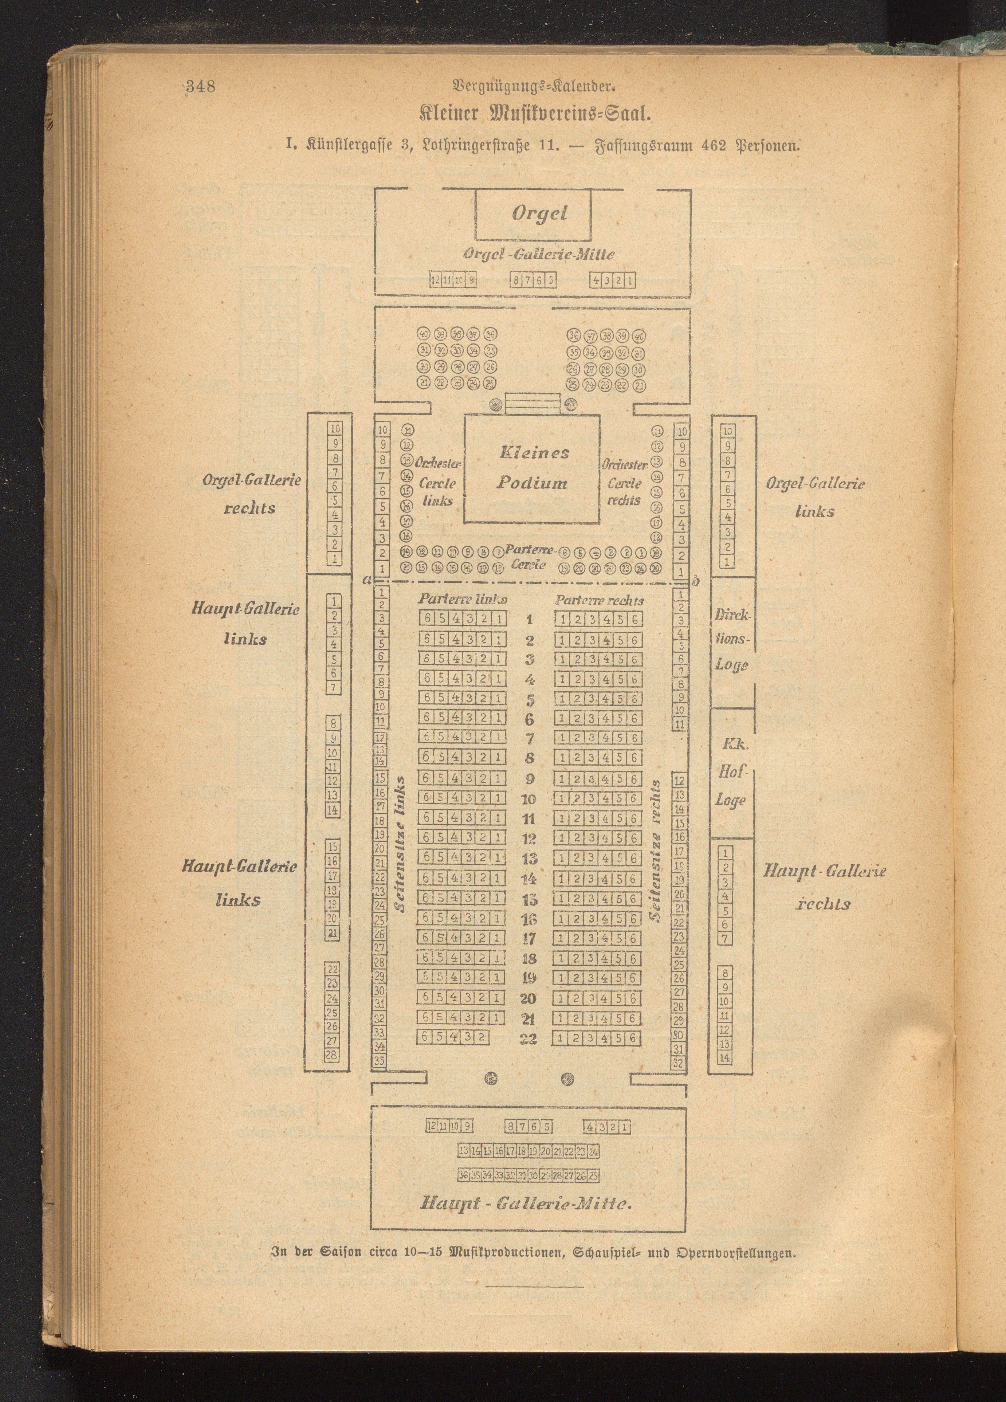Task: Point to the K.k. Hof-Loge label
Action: (x=731, y=772)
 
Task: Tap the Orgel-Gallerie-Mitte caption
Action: (x=539, y=254)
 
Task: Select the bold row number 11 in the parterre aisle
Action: (x=528, y=819)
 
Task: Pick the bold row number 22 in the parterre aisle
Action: (x=528, y=1039)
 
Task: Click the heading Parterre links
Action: (x=463, y=599)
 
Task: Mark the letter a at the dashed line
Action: (x=367, y=580)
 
